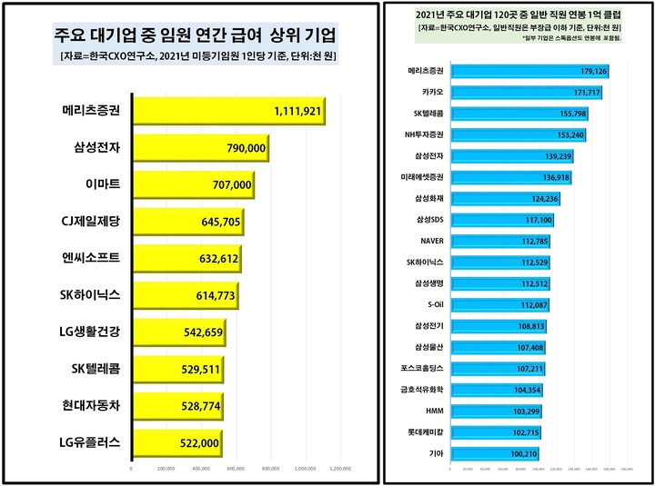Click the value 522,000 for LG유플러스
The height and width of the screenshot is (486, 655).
pos(198,442)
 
